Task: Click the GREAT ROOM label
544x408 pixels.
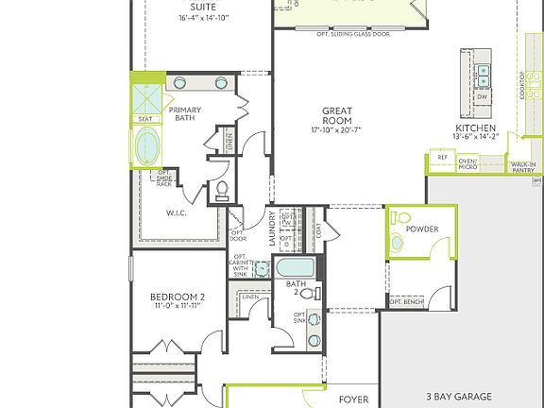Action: [336, 114]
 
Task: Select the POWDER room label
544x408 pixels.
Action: [422, 229]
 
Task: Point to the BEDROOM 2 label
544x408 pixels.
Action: [178, 297]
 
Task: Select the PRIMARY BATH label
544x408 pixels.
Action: [185, 114]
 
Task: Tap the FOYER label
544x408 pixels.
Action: [353, 399]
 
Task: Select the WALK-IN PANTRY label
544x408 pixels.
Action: [523, 166]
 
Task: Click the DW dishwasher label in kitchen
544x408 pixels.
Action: [482, 96]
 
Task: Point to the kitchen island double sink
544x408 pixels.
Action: [483, 71]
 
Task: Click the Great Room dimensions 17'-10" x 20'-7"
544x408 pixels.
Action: [336, 128]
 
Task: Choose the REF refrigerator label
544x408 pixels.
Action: [442, 158]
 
